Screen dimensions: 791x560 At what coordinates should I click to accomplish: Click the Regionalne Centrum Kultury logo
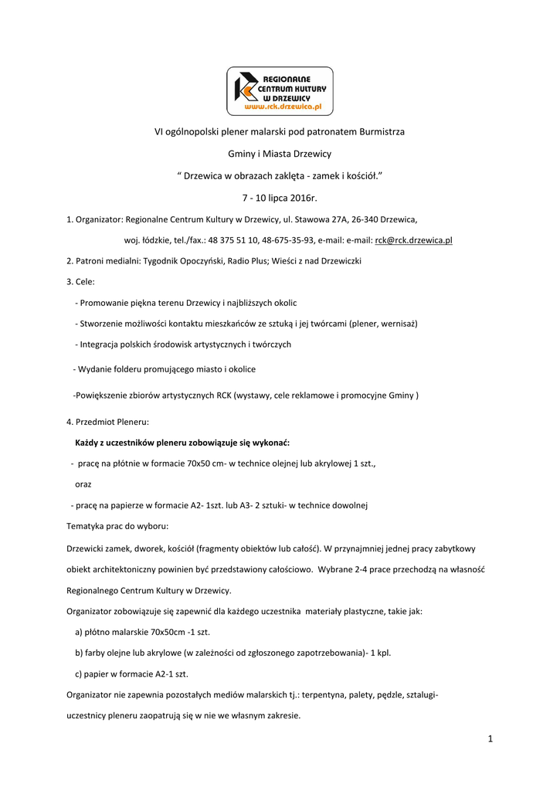tap(280, 90)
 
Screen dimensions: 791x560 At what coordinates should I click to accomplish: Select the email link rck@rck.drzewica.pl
tap(413, 240)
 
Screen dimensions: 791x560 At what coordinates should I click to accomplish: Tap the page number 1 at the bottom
tap(490, 738)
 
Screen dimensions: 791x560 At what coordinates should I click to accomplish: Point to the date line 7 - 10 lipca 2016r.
tap(280, 198)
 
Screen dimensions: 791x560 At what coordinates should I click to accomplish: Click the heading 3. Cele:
tap(81, 282)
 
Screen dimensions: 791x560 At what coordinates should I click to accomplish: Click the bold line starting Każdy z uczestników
tap(182, 443)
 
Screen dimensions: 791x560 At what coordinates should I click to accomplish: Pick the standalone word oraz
tap(83, 484)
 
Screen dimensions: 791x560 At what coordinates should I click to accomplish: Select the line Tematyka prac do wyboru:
tap(112, 526)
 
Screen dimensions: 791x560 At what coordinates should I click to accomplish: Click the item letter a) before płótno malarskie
tap(79, 631)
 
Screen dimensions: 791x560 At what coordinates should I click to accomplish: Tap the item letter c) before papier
tap(79, 674)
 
